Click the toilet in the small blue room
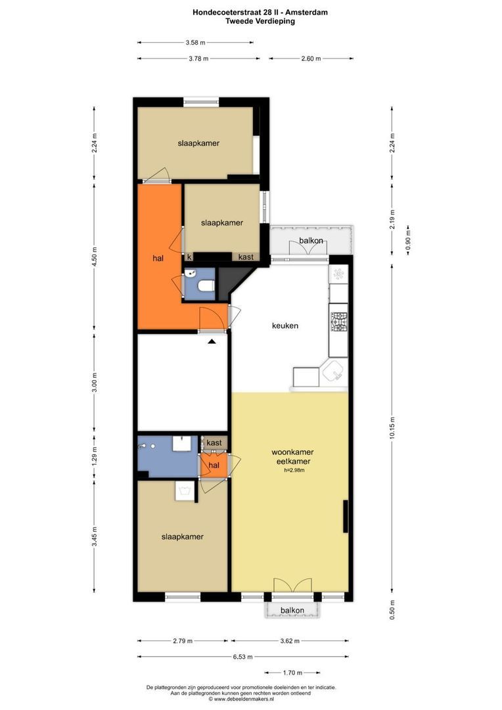[207, 287]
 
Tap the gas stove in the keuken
[338, 322]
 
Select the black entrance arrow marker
[212, 342]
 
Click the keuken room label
[285, 325]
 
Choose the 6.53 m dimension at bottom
[243, 657]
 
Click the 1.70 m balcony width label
[292, 673]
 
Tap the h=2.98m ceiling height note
[294, 470]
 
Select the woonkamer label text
[292, 452]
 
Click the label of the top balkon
[311, 241]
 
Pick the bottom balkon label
[292, 610]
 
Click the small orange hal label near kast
[214, 465]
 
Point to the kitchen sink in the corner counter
[334, 371]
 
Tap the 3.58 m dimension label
[196, 43]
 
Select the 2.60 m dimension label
[311, 59]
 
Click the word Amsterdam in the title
[306, 12]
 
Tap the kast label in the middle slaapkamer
[246, 257]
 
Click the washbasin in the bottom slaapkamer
[185, 491]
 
